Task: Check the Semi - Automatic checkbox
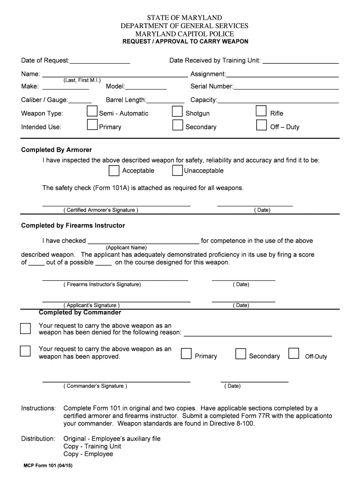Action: tap(93, 112)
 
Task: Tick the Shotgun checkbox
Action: tap(177, 112)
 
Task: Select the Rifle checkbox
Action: tap(261, 112)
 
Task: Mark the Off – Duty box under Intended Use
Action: tap(261, 125)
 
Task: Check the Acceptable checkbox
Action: tap(114, 171)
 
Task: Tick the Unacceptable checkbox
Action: tap(177, 171)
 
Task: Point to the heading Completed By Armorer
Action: tap(57, 150)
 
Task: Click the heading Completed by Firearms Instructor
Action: tap(73, 225)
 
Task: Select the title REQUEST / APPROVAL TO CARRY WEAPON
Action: tap(185, 42)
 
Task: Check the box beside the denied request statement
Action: tap(25, 328)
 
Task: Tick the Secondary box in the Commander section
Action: tap(241, 354)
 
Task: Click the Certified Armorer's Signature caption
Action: tap(101, 210)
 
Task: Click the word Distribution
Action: tap(38, 439)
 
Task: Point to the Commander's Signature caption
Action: tap(95, 386)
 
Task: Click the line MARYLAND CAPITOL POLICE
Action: tap(185, 34)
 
